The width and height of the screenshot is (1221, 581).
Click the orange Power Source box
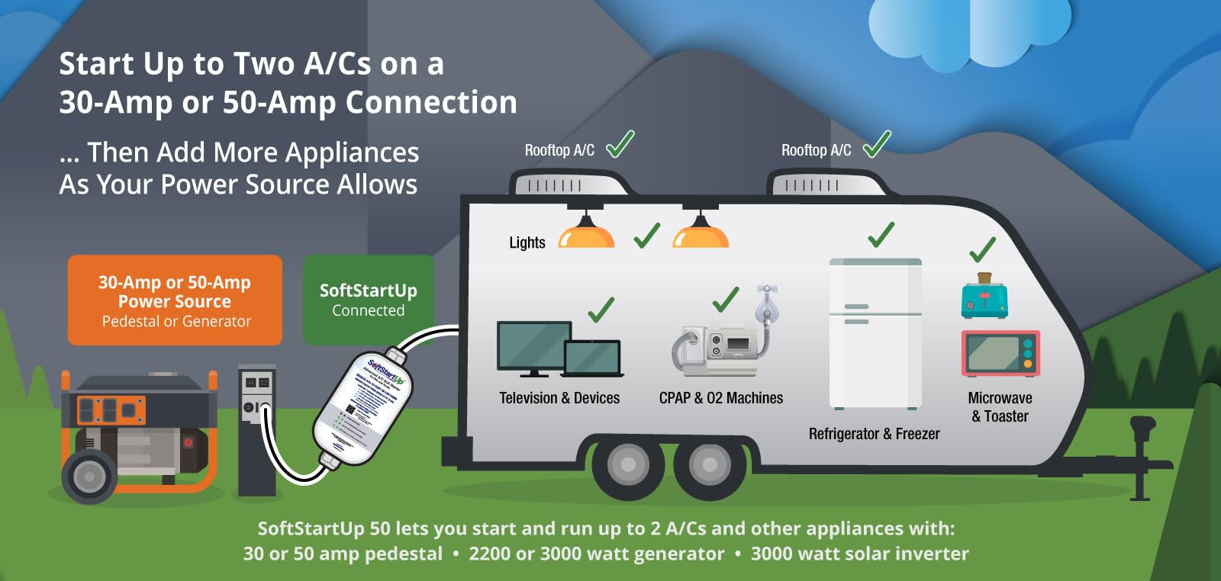click(x=175, y=300)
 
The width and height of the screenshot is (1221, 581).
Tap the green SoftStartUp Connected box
click(x=369, y=300)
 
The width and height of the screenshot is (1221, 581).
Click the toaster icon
click(x=984, y=299)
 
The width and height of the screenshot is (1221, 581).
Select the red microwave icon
click(x=1000, y=353)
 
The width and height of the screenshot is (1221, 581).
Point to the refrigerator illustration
click(x=875, y=334)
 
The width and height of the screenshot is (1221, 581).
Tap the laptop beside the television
click(x=593, y=358)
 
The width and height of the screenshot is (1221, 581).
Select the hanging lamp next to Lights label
click(x=586, y=233)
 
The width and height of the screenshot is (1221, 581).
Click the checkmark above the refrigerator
click(x=881, y=235)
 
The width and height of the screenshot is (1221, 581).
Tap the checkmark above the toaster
click(x=982, y=250)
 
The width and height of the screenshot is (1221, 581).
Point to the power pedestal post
click(x=256, y=431)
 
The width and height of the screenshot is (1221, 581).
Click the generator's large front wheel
click(x=89, y=477)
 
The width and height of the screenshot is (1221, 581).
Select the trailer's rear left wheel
click(x=628, y=464)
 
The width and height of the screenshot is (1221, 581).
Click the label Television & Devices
click(x=559, y=398)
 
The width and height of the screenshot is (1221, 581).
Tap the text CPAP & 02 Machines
click(x=720, y=398)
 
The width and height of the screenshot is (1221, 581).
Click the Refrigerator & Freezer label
click(x=874, y=434)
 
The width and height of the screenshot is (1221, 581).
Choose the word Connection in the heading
click(x=431, y=102)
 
